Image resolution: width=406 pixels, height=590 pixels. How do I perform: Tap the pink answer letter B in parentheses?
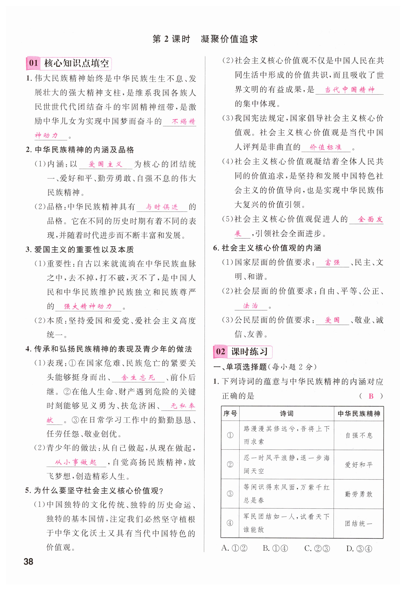371,396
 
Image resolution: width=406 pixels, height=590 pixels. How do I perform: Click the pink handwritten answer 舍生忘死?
138,377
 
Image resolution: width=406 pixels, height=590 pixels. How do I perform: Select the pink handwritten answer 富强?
332,262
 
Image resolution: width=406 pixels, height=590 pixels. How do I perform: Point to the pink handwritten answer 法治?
251,306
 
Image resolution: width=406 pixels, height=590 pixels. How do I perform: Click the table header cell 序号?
230,414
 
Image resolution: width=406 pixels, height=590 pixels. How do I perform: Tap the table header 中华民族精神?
359,414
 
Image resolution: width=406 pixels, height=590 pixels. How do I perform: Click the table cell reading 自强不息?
359,436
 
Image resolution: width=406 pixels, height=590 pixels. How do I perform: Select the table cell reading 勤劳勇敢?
359,494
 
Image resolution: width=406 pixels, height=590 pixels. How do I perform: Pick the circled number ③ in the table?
230,494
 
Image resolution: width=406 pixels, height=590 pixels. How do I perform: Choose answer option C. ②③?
317,548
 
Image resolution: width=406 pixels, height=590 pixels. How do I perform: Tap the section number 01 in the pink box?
33,63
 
